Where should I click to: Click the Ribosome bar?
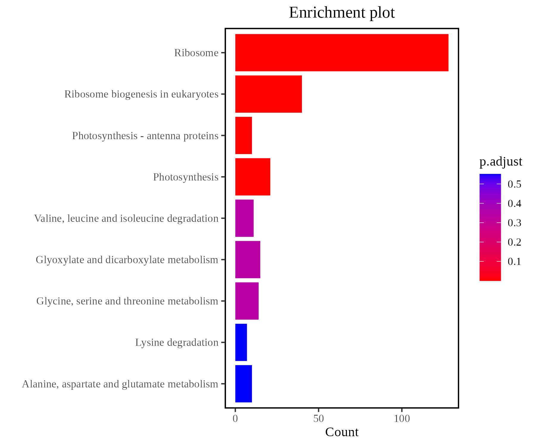click(x=342, y=53)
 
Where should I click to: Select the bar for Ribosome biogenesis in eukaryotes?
click(x=268, y=94)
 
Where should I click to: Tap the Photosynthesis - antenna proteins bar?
click(x=244, y=135)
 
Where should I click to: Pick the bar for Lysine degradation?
click(x=241, y=342)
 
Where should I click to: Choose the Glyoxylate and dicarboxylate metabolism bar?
click(x=247, y=260)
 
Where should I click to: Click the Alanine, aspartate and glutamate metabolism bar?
click(x=244, y=384)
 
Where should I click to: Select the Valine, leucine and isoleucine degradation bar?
click(x=244, y=218)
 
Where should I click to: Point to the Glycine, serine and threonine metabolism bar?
click(x=247, y=301)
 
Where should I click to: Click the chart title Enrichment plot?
click(x=342, y=13)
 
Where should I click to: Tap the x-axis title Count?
click(x=342, y=432)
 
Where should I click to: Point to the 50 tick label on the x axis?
click(x=318, y=419)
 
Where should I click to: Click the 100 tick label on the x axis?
click(x=402, y=419)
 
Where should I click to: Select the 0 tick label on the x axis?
click(x=235, y=419)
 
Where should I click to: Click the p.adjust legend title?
click(x=501, y=161)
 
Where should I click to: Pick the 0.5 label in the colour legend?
click(x=514, y=184)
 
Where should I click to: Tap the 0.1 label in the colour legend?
click(x=514, y=262)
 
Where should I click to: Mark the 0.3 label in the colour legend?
click(x=514, y=223)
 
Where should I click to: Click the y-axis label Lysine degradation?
click(x=177, y=342)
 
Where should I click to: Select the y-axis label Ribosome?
click(x=196, y=53)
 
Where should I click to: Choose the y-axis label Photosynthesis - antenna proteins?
click(x=145, y=136)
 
